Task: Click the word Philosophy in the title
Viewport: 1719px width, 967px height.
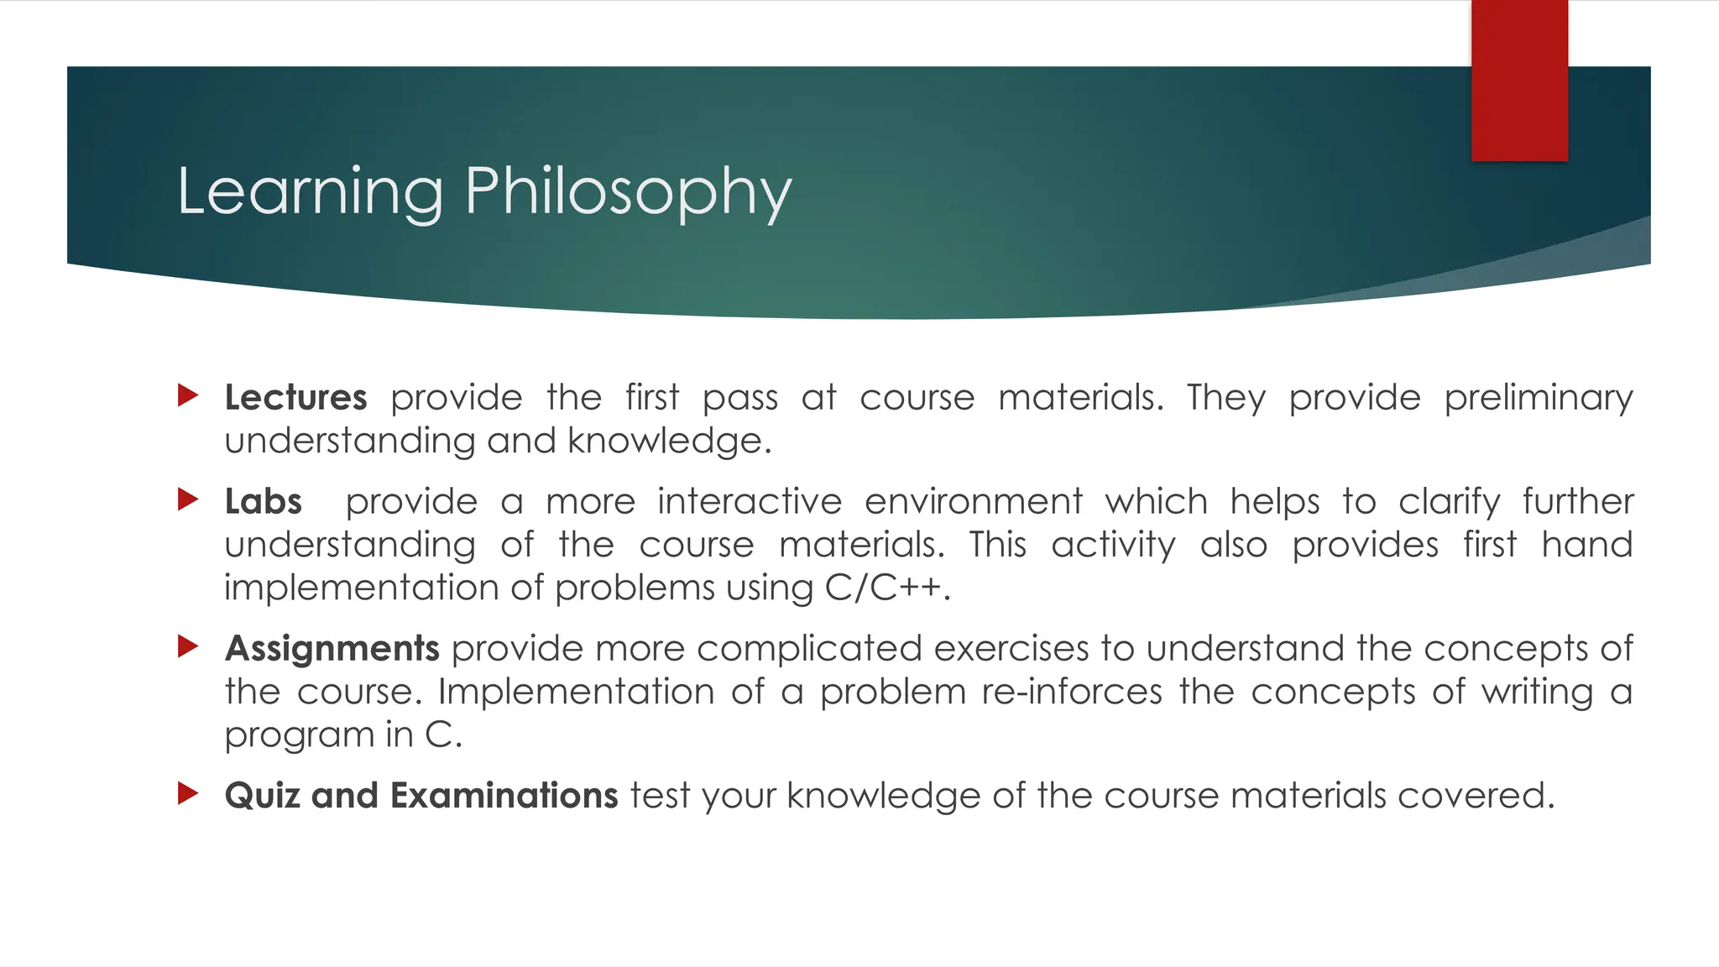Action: tap(628, 192)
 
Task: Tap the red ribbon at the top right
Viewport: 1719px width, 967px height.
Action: tap(1518, 80)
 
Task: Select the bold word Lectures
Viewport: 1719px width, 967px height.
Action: tap(295, 397)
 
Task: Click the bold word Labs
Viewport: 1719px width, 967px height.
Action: tap(263, 502)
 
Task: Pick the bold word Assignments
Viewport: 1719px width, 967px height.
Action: tap(332, 649)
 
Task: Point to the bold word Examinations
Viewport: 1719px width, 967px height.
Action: tap(504, 796)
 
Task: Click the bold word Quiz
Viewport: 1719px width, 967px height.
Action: tap(261, 796)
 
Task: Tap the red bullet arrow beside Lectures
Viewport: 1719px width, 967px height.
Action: tap(188, 395)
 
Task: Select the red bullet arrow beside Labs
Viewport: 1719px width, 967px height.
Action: tap(188, 500)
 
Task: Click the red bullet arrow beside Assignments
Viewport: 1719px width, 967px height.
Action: tap(188, 646)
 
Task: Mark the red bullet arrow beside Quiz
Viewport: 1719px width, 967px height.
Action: tap(188, 793)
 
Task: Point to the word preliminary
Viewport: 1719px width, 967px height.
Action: tap(1538, 398)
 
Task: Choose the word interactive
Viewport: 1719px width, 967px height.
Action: tap(749, 502)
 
